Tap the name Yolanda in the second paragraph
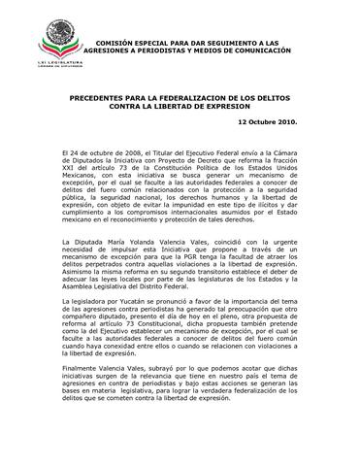(140, 240)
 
